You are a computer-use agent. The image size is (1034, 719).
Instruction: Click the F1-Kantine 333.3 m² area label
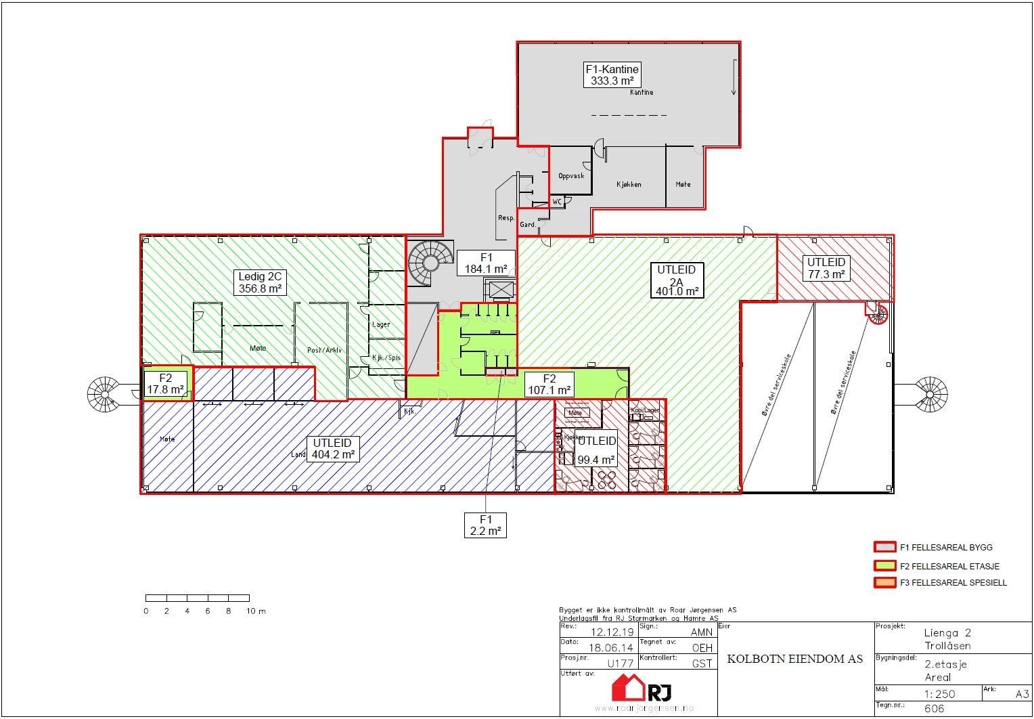[x=612, y=74]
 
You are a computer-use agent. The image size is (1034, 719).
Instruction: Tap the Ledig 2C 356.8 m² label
[x=260, y=282]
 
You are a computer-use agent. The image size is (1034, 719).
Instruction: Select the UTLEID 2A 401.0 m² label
[x=676, y=280]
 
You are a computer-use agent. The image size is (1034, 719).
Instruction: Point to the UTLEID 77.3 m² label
[x=826, y=268]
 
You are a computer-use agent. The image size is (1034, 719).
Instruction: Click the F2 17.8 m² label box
[x=165, y=384]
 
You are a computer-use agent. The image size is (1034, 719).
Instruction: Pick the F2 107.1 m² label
[x=549, y=385]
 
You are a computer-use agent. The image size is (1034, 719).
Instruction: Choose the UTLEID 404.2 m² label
[x=332, y=449]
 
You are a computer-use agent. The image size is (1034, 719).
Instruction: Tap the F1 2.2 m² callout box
[x=485, y=525]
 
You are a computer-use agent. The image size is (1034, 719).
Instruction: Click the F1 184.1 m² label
[x=485, y=263]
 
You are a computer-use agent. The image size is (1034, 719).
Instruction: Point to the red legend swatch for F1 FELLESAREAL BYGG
[x=884, y=547]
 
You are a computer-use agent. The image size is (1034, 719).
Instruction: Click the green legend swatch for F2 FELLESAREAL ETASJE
[x=884, y=565]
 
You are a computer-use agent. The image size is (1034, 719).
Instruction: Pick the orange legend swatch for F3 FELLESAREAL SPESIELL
[x=884, y=582]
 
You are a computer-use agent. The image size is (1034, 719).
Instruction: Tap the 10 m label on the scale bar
[x=256, y=611]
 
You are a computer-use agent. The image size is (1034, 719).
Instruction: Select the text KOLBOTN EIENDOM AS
[x=794, y=659]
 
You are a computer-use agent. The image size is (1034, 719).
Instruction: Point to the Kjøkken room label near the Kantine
[x=628, y=184]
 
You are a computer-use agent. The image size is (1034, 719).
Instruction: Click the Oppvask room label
[x=570, y=176]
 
